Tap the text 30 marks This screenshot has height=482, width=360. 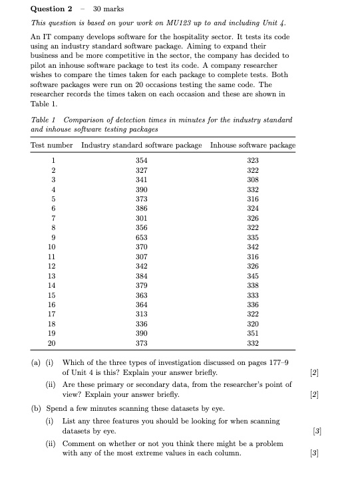(106, 9)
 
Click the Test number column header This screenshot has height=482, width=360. (52, 145)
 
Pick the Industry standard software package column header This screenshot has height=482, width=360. (141, 145)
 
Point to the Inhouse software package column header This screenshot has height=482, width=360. (252, 145)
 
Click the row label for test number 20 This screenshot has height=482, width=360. (52, 343)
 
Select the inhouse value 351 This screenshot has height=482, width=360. (252, 333)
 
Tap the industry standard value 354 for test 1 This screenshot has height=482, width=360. (141, 160)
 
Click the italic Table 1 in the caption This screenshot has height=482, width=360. (44, 120)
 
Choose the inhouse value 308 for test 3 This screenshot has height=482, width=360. (252, 180)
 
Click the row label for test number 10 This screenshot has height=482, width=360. (52, 247)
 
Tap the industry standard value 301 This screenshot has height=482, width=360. (141, 217)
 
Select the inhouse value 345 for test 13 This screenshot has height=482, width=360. (252, 275)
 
